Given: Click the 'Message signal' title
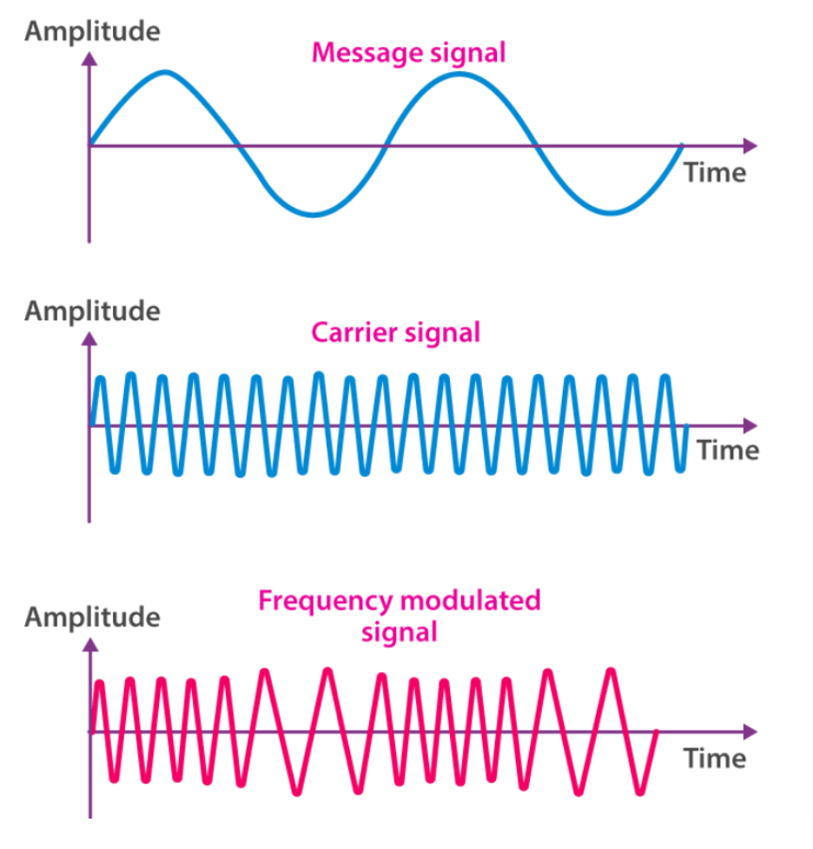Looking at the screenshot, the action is [x=408, y=54].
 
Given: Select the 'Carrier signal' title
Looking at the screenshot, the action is [x=396, y=333].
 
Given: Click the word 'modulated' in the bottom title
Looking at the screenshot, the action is [x=470, y=601].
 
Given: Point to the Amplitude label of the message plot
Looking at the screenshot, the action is [x=93, y=31].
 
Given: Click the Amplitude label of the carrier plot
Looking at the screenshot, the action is [x=93, y=312].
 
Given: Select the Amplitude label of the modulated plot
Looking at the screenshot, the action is [x=93, y=617].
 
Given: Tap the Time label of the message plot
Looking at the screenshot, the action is [x=715, y=174].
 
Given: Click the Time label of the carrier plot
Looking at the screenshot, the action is [x=728, y=451].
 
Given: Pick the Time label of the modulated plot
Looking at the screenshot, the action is [x=715, y=759].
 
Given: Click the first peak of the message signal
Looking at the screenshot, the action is [x=165, y=73].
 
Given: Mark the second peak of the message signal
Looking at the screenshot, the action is [x=459, y=75].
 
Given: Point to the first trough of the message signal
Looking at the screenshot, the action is [x=313, y=214].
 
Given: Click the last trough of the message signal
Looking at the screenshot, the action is [x=611, y=212].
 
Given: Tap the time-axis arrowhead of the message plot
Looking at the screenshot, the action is [x=750, y=146].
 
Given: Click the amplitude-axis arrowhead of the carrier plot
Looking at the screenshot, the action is [x=89, y=339].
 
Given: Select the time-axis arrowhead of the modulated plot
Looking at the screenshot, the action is [x=750, y=732].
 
